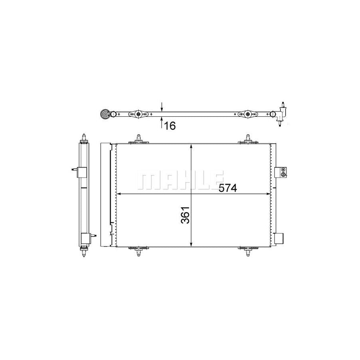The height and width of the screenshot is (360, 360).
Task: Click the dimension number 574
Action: [x=228, y=188]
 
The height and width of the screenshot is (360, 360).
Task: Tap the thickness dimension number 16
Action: [x=170, y=126]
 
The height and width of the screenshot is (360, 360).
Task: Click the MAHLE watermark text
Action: [x=180, y=179]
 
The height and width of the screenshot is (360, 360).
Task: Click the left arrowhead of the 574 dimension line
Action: [x=118, y=194]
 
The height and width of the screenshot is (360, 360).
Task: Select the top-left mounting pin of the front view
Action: [x=138, y=139]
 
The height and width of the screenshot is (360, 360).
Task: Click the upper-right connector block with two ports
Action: [x=282, y=171]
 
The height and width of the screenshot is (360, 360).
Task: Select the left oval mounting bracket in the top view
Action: [x=138, y=114]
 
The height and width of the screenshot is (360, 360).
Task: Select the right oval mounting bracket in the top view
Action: [x=248, y=114]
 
